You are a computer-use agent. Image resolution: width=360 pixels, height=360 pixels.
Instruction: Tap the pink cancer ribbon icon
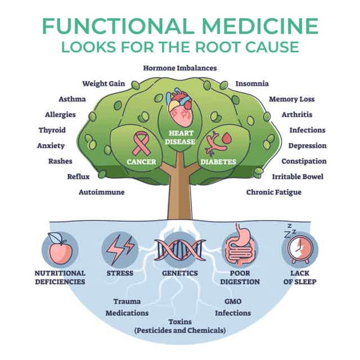[141, 143]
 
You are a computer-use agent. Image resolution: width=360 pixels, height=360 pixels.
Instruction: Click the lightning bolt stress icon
[119, 248]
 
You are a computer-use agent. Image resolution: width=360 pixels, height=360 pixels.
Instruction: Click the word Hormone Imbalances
[180, 68]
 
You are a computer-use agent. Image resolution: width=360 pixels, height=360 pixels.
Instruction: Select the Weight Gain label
[103, 84]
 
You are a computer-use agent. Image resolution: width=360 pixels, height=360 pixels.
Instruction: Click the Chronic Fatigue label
[274, 192]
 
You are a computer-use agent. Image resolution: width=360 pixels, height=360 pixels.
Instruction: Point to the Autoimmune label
[102, 192]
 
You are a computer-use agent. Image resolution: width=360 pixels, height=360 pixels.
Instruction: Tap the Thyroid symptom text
[52, 130]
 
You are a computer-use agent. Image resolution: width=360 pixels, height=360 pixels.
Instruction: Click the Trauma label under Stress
[127, 301]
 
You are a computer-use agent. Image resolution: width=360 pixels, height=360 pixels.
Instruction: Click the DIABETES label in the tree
[218, 162]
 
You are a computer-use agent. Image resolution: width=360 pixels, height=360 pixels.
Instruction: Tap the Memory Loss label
[292, 99]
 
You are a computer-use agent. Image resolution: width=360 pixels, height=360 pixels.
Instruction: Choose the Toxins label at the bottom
[180, 321]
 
